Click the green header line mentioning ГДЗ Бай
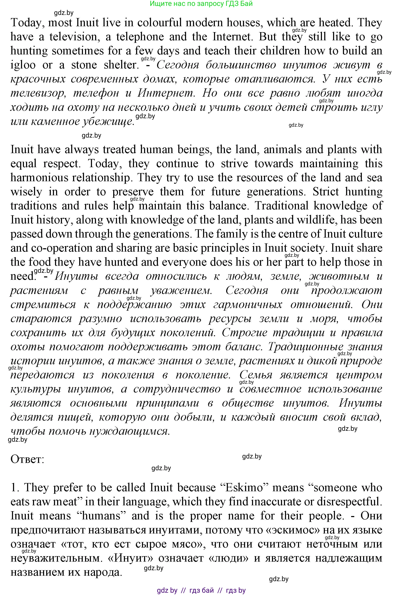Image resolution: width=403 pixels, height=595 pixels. pos(201,4)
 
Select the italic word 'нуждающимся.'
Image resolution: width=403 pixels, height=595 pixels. pos(130,431)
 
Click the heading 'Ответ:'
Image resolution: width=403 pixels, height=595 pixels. pos(27,460)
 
